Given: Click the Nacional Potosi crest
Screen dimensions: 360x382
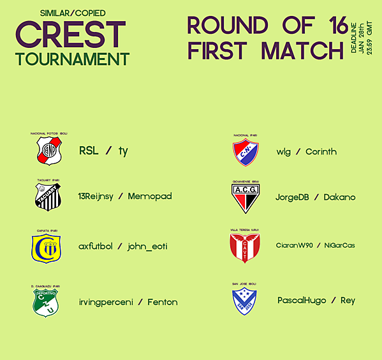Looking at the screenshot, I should [48, 151].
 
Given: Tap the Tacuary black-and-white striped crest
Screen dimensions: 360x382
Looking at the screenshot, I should [48, 196].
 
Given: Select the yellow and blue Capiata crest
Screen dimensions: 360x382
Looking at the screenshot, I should [46, 248].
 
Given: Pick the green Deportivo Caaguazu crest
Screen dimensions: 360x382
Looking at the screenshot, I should [46, 302].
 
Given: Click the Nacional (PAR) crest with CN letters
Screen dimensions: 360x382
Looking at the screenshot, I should [245, 153].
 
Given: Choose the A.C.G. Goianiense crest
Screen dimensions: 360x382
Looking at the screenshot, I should [245, 197].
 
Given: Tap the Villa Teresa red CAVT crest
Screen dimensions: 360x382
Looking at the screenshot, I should [245, 248].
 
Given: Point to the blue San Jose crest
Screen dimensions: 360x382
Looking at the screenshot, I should [244, 301].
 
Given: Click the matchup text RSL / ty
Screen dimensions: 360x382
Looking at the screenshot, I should [104, 151].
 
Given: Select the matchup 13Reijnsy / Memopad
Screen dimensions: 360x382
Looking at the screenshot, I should [124, 196].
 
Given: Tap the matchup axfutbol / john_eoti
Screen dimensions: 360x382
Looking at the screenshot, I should [123, 246].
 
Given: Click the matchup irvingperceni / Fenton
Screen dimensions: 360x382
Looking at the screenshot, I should [128, 302].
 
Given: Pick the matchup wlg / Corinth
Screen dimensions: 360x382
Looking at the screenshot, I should [307, 152].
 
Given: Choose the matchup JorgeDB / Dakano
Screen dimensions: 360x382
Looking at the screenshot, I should [316, 197].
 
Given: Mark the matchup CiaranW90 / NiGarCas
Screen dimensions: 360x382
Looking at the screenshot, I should [316, 246].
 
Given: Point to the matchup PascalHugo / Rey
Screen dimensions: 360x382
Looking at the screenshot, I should [316, 300].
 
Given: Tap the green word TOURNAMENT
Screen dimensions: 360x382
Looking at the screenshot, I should [73, 59].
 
